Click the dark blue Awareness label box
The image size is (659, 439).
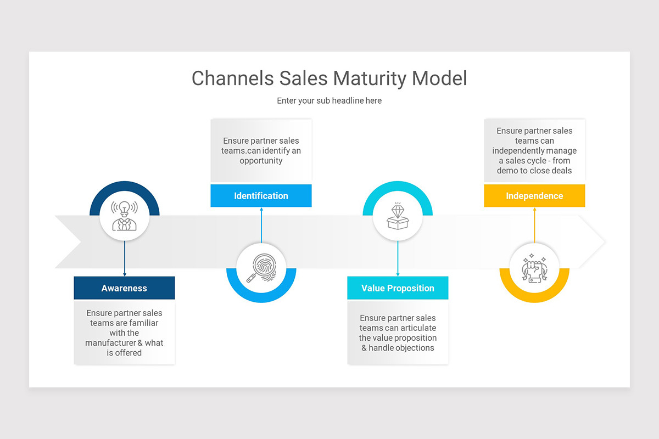point(124,288)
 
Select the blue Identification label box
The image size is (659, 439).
point(261,196)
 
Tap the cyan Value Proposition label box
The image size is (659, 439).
point(398,288)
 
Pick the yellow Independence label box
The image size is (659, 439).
point(534,196)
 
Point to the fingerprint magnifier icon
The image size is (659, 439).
point(261,268)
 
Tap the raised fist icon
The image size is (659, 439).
point(534,268)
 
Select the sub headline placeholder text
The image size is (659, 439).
point(329,101)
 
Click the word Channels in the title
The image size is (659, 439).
point(232,78)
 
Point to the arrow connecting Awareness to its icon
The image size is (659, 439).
point(125,258)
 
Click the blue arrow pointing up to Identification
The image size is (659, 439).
point(261,225)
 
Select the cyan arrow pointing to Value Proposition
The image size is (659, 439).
point(398,258)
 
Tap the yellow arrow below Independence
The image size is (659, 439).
point(534,225)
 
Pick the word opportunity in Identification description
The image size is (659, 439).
point(261,161)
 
